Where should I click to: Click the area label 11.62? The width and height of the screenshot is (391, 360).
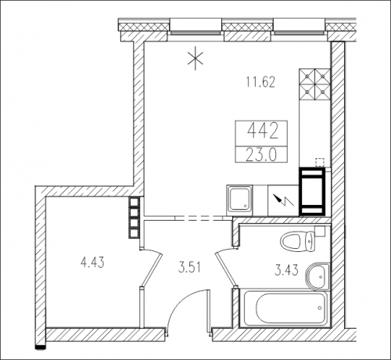point(260,82)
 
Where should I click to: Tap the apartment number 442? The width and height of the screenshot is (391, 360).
point(261,131)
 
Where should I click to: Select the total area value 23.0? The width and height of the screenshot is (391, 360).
point(261,155)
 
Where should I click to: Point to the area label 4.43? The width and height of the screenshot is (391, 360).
point(92,262)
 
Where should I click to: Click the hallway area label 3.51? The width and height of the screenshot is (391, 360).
point(189,268)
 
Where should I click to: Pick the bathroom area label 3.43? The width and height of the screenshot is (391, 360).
point(286,270)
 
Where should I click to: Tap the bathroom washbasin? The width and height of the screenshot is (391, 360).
point(317,277)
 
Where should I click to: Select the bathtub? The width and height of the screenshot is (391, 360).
point(285,308)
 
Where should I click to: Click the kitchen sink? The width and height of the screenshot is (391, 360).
point(239,200)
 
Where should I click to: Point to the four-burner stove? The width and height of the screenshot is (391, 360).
point(315,85)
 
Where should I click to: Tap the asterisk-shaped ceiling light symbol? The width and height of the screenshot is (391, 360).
point(195,60)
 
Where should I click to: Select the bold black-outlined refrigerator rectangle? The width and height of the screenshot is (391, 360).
point(312,192)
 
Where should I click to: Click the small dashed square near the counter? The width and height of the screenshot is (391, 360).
point(320,162)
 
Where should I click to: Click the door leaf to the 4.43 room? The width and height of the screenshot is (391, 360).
point(152,268)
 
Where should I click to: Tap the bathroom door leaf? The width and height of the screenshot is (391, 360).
point(226,268)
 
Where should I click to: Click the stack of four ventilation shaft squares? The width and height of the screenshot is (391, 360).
point(135,218)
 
